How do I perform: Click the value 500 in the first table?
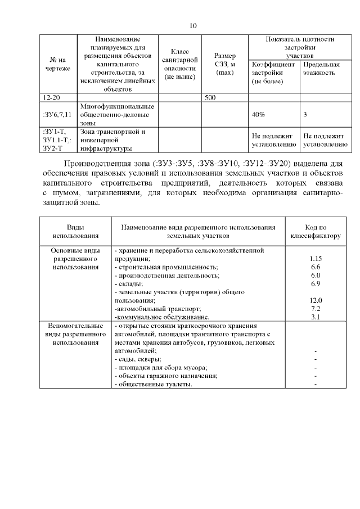(210, 98)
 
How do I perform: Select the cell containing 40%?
(259, 114)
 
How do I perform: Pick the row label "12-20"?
(52, 98)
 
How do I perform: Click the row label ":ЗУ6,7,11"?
(57, 114)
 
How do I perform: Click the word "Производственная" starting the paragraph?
(97, 164)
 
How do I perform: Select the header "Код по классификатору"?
(315, 232)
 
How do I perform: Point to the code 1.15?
(316, 258)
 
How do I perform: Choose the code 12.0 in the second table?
(316, 300)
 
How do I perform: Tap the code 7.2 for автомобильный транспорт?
(316, 309)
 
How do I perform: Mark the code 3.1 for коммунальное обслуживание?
(316, 317)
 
